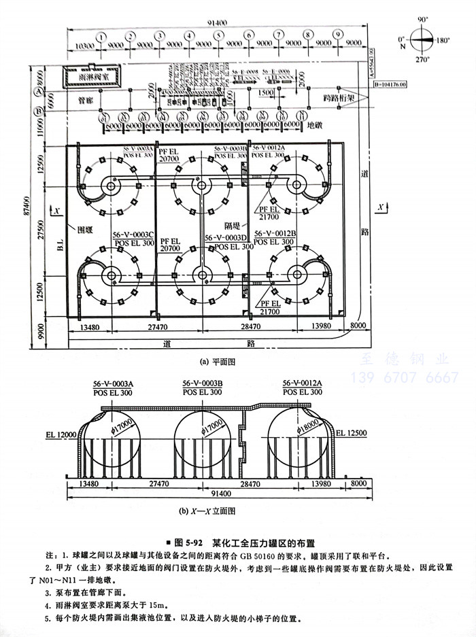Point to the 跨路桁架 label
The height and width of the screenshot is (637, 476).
point(339,97)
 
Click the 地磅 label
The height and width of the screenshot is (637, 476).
point(313,125)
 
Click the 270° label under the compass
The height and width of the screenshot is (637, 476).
point(423,60)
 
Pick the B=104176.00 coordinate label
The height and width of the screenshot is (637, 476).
point(389,84)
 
